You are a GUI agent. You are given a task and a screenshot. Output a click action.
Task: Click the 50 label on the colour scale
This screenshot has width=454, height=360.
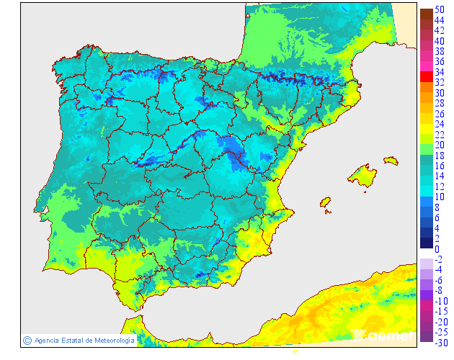[x=438, y=10]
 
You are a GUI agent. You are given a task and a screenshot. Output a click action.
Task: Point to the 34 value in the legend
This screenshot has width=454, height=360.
[x=438, y=72]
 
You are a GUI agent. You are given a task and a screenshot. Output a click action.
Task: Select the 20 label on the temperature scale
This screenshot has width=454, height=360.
[x=438, y=145]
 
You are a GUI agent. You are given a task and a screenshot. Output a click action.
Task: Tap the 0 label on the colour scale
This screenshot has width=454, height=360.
[x=437, y=249]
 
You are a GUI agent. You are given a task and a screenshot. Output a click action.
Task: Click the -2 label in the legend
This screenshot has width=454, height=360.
[x=438, y=259]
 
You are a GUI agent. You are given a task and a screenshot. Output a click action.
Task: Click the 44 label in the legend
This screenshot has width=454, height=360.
[x=438, y=20]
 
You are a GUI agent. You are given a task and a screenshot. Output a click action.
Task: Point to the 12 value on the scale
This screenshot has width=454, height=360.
[x=438, y=186]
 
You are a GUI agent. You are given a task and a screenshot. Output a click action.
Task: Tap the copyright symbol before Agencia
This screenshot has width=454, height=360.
[x=27, y=340]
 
